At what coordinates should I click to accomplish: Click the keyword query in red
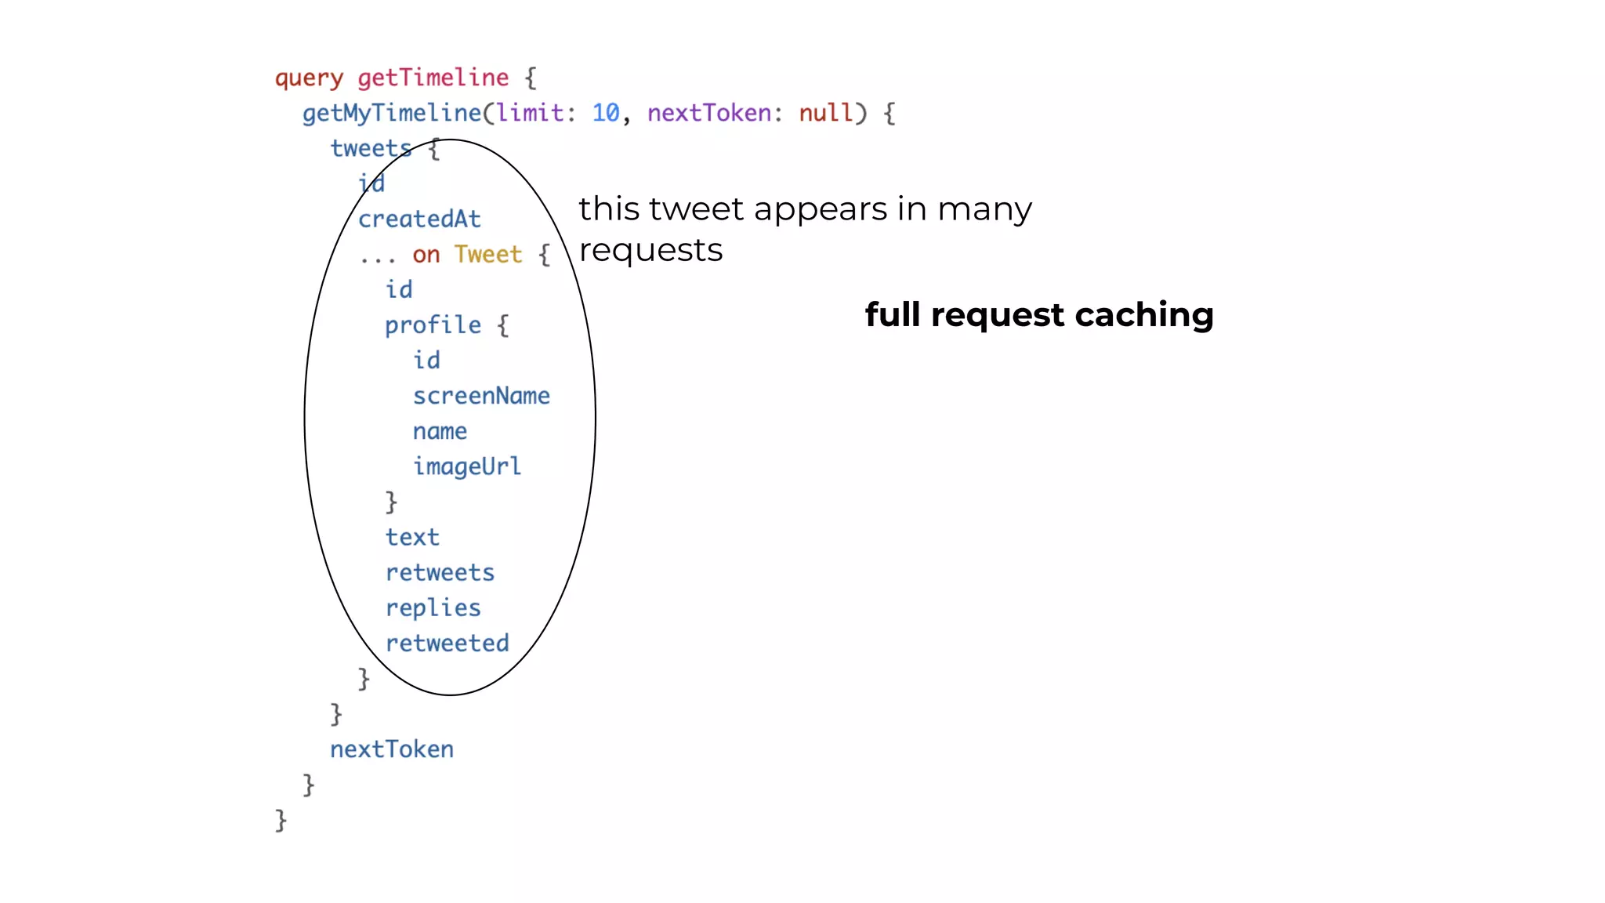pyautogui.click(x=309, y=78)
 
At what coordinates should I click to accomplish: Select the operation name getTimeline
pyautogui.click(x=433, y=78)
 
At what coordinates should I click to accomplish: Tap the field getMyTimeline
pyautogui.click(x=392, y=114)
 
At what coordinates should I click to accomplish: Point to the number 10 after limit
pyautogui.click(x=605, y=113)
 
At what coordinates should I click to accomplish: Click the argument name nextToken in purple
pyautogui.click(x=709, y=113)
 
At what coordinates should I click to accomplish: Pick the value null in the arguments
pyautogui.click(x=825, y=113)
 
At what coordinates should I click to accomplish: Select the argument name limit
pyautogui.click(x=529, y=113)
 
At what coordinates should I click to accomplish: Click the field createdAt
pyautogui.click(x=419, y=219)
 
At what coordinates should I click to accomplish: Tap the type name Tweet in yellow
pyautogui.click(x=487, y=255)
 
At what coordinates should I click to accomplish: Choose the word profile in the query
pyautogui.click(x=433, y=325)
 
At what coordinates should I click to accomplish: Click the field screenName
pyautogui.click(x=481, y=396)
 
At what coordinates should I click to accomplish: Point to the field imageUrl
pyautogui.click(x=467, y=466)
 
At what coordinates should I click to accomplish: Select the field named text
pyautogui.click(x=412, y=538)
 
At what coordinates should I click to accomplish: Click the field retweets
pyautogui.click(x=440, y=573)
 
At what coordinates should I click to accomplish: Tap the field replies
pyautogui.click(x=433, y=608)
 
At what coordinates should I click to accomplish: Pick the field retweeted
pyautogui.click(x=447, y=644)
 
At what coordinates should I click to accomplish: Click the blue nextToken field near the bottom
pyautogui.click(x=392, y=749)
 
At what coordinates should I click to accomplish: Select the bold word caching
pyautogui.click(x=1144, y=315)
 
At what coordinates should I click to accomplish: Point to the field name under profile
pyautogui.click(x=440, y=432)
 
